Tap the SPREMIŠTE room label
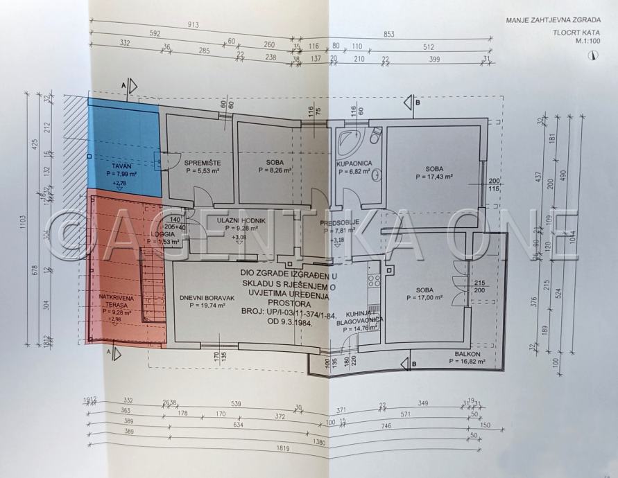(202, 163)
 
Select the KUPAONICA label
(354, 163)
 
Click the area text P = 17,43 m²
(434, 177)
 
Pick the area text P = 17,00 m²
(424, 299)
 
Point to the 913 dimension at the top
(194, 25)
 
